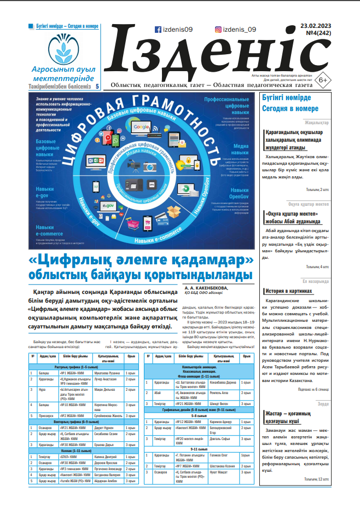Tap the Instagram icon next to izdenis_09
[x=218, y=30]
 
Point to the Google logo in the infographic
[x=141, y=127]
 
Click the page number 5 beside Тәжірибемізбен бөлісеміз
[x=97, y=86]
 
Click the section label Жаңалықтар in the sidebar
[x=317, y=123]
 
